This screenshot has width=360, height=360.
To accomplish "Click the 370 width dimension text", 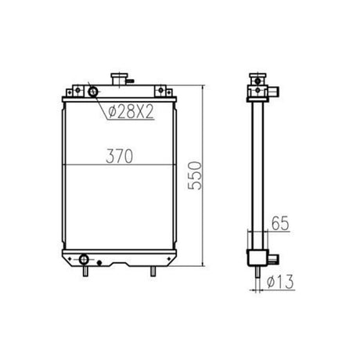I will (119, 156).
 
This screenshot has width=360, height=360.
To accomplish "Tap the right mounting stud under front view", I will (153, 270).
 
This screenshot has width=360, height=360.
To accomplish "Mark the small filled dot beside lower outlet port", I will (99, 261).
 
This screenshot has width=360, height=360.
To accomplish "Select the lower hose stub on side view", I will (271, 257).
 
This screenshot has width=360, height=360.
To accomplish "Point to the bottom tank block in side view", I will (256, 257).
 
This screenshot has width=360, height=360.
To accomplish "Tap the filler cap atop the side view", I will (254, 80).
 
